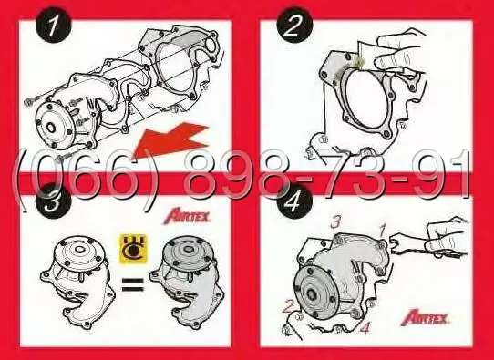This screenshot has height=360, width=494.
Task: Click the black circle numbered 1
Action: coord(53,26)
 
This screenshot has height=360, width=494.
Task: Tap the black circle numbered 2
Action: coord(294,26)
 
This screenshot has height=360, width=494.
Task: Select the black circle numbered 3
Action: coord(52,201)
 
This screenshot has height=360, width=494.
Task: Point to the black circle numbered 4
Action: coord(294,201)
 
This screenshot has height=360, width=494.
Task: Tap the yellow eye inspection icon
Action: coord(134,249)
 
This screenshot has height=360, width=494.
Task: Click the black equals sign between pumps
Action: coord(133,284)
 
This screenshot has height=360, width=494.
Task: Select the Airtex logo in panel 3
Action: coord(187,216)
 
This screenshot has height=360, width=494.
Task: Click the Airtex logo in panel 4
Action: coord(425,317)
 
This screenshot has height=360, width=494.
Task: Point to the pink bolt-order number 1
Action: coord(383,231)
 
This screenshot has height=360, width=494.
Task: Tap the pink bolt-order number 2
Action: coord(289,306)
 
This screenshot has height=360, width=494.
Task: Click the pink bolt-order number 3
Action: coord(335,222)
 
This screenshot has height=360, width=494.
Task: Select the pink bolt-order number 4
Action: coord(365,328)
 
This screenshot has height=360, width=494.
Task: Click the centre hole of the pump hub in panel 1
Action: coord(51,128)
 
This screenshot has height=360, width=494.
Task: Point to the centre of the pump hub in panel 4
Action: coord(312,294)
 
